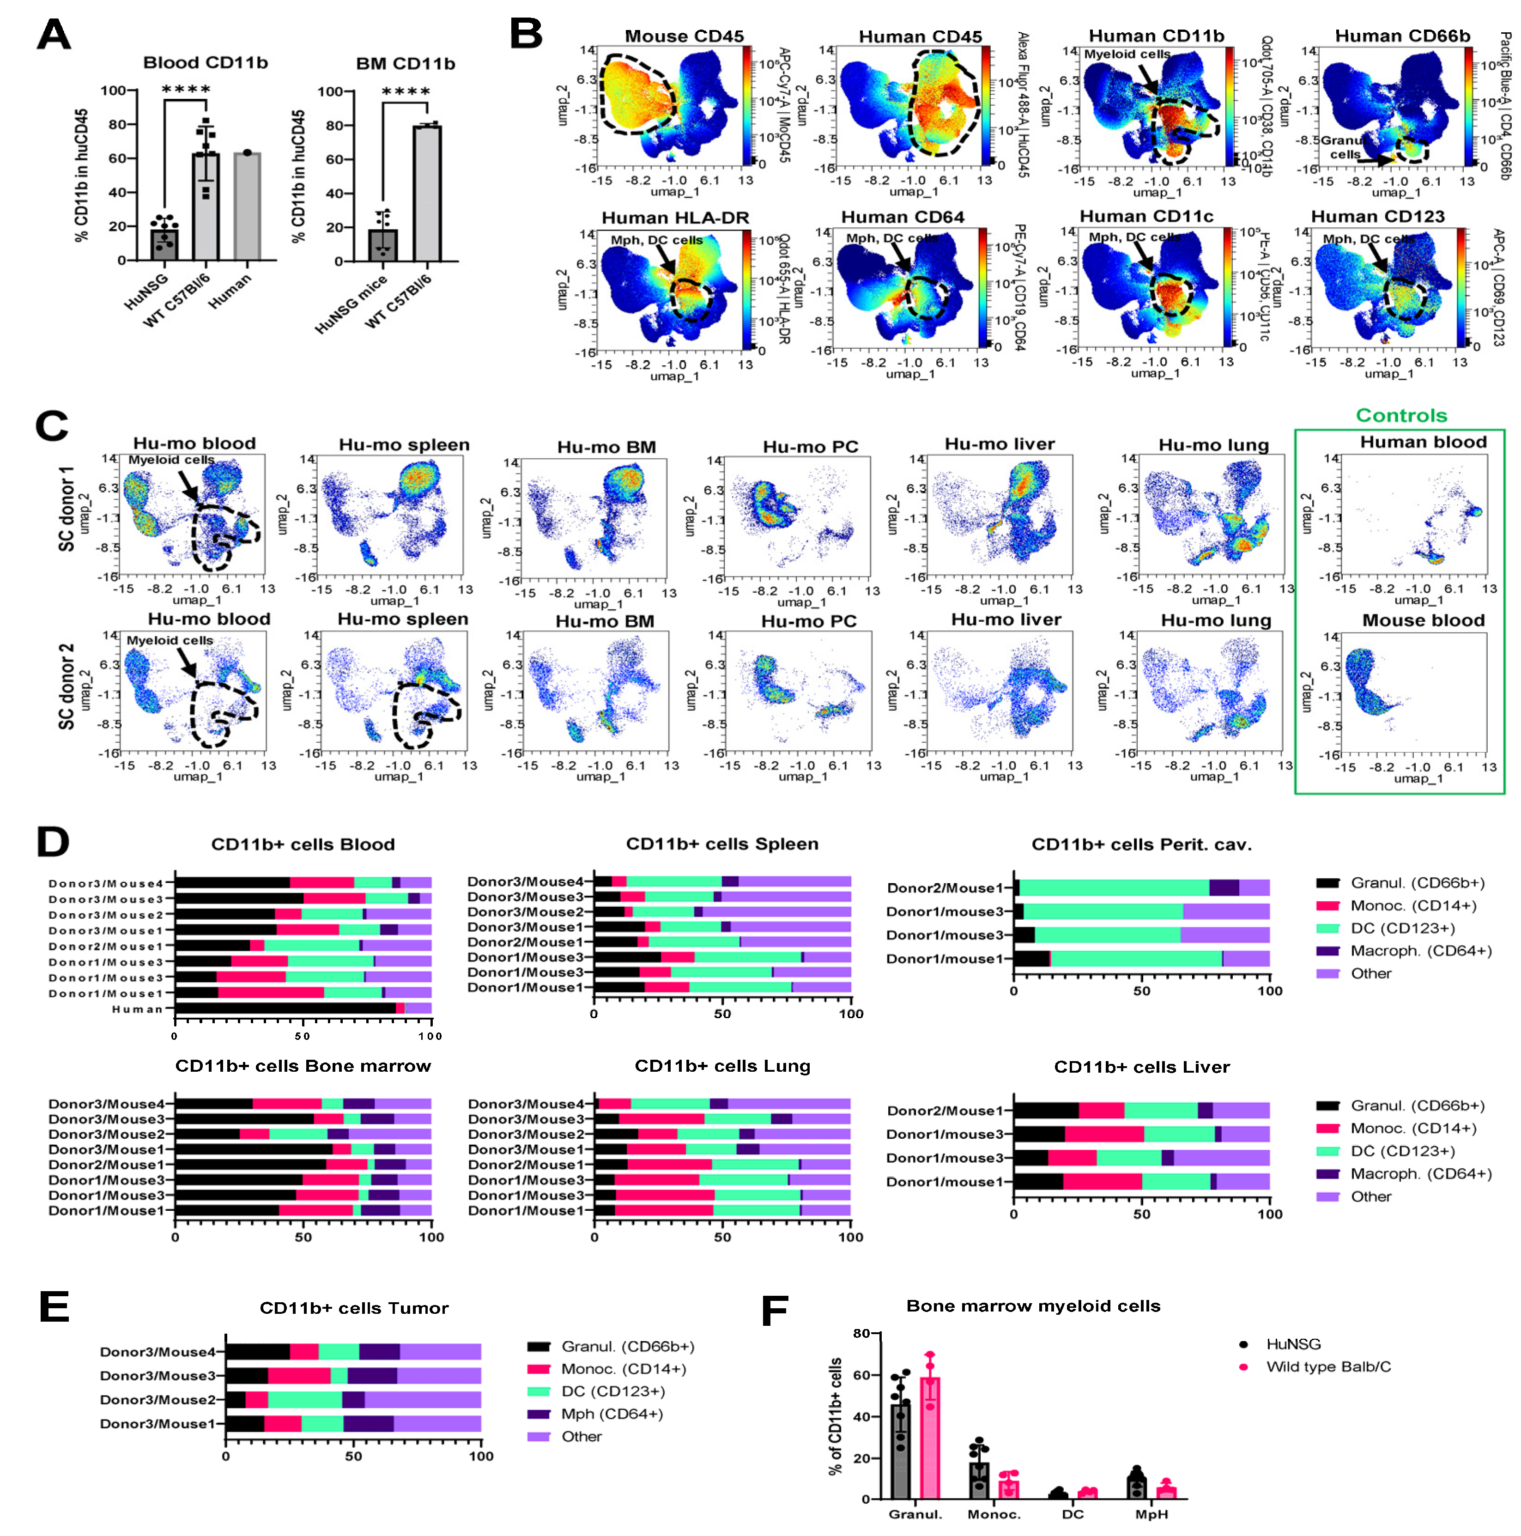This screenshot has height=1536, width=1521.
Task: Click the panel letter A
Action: pyautogui.click(x=54, y=35)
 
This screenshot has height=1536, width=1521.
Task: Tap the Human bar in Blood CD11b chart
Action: pyautogui.click(x=247, y=206)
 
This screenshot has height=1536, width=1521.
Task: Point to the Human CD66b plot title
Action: pyautogui.click(x=1402, y=36)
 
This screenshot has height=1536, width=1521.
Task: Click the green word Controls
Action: pyautogui.click(x=1401, y=415)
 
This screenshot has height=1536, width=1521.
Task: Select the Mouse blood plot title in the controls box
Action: pyautogui.click(x=1423, y=620)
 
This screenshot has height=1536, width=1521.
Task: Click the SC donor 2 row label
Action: pyautogui.click(x=66, y=686)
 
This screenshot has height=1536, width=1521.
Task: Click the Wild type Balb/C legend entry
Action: pyautogui.click(x=1328, y=1366)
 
